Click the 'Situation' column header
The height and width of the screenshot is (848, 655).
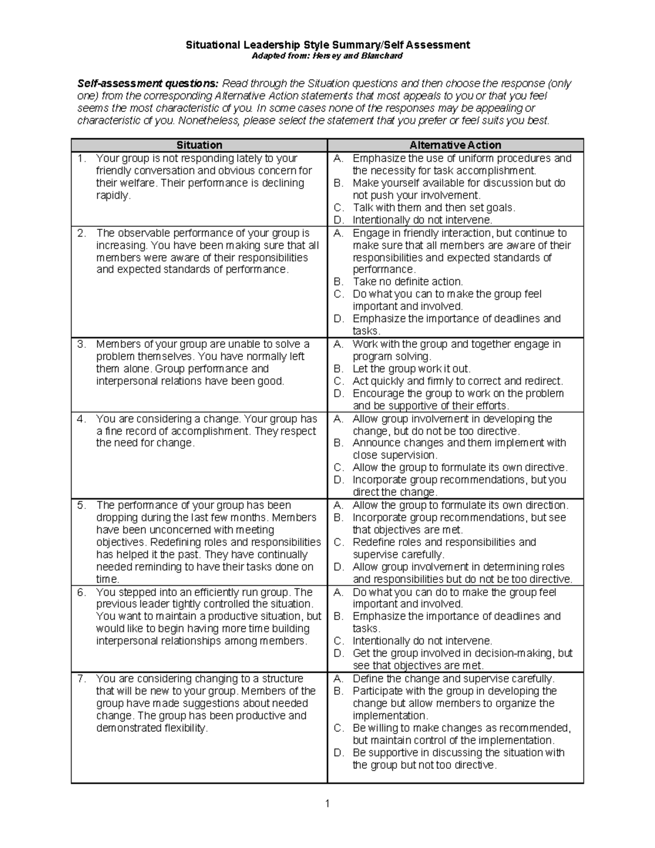point(199,145)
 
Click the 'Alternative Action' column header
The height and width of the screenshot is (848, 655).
point(455,145)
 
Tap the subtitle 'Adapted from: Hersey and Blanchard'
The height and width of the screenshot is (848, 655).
point(327,56)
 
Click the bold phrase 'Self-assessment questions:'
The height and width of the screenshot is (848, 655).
point(148,84)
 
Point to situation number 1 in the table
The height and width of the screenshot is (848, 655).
point(81,158)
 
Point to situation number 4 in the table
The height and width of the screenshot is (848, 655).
point(81,419)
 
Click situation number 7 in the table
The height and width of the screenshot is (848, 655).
point(81,679)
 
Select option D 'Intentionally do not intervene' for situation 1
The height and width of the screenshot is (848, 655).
point(422,220)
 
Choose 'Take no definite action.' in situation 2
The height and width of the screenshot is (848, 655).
point(407,282)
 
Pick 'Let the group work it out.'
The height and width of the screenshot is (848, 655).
point(411,369)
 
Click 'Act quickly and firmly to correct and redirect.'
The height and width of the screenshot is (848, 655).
point(457,381)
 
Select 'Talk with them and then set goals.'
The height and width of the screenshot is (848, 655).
point(433,207)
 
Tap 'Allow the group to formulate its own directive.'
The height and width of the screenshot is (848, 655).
point(460,467)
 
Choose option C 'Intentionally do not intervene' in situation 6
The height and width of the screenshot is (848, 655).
point(422,641)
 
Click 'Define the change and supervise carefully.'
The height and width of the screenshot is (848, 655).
point(453,679)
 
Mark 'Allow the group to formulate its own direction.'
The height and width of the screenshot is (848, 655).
point(460,505)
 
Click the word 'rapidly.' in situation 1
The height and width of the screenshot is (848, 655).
point(114,195)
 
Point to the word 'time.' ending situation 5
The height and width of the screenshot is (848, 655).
point(108,579)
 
